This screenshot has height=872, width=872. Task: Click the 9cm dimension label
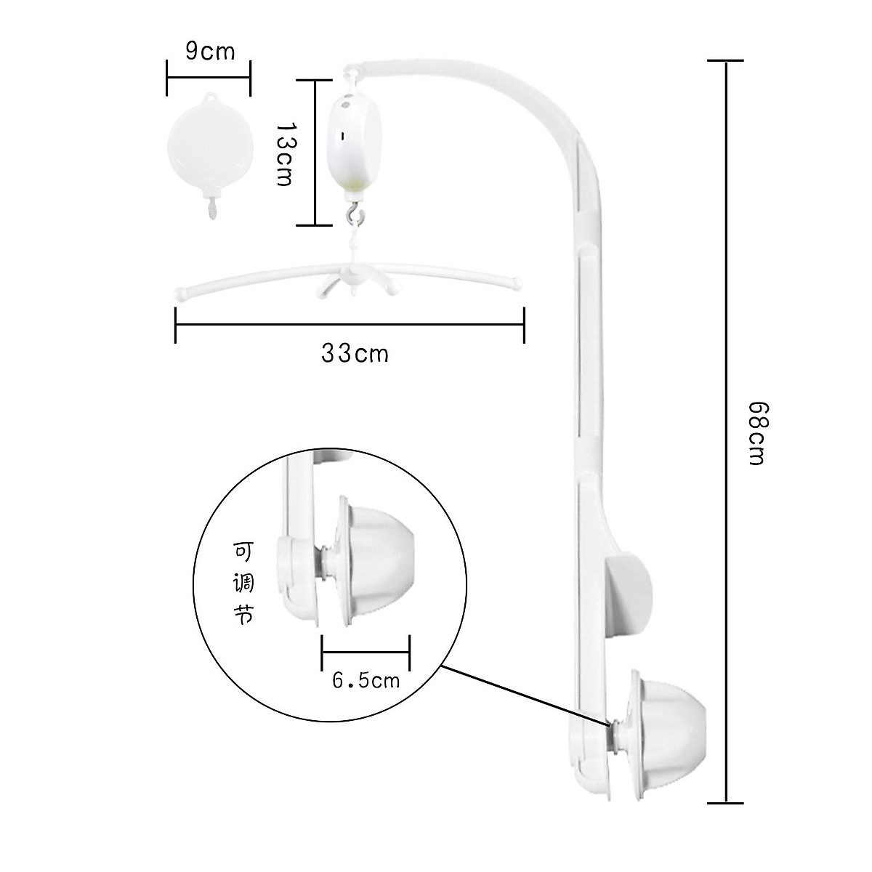209,52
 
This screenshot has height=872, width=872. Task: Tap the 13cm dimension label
285,153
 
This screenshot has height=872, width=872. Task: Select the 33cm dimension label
354,354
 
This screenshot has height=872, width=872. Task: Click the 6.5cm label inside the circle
366,680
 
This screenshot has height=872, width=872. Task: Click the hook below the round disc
211,209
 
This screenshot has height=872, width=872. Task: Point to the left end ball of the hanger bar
179,294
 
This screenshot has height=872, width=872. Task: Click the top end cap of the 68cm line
724,61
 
